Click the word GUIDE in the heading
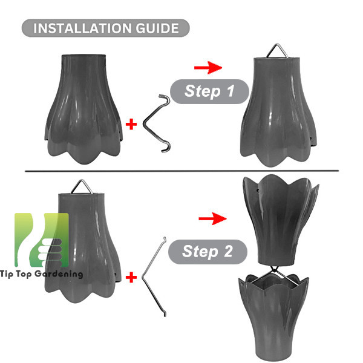click(x=157, y=28)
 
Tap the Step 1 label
click(x=209, y=91)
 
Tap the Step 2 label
click(x=208, y=252)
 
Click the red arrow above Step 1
click(x=208, y=68)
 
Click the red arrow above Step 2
click(x=212, y=218)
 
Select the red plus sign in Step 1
click(x=131, y=124)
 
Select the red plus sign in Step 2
click(x=131, y=277)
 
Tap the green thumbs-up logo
click(x=42, y=240)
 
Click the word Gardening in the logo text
click(x=59, y=274)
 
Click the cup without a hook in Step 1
click(x=84, y=110)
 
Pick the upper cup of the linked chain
click(x=281, y=220)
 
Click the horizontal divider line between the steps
click(x=181, y=171)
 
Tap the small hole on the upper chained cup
click(x=258, y=191)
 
